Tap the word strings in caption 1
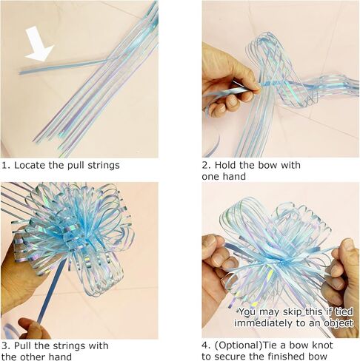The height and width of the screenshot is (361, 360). pos(104,166)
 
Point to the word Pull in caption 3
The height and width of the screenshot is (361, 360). pos(23,345)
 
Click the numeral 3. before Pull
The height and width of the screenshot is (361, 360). pos(6,345)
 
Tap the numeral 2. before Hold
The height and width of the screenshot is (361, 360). pos(207,165)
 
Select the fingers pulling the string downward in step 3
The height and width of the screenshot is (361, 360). pos(34,328)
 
